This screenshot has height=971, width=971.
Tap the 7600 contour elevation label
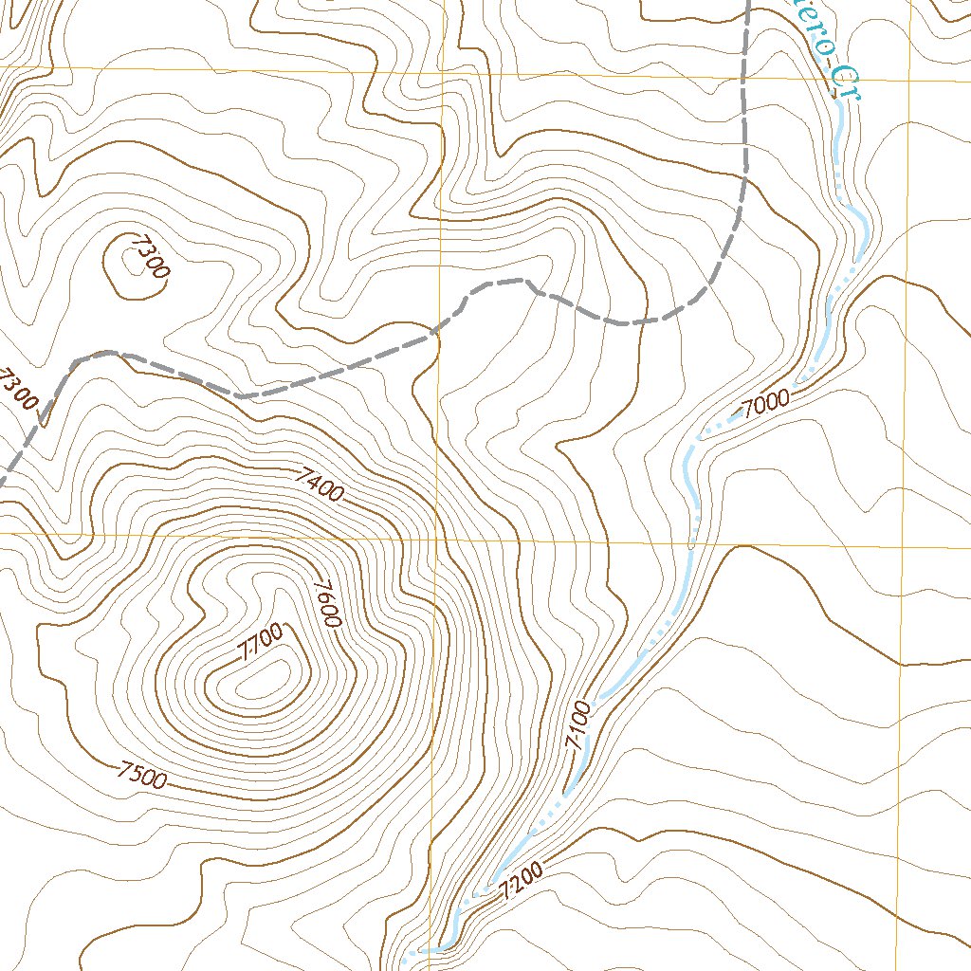click(x=327, y=603)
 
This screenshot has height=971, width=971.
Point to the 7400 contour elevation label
click(x=318, y=484)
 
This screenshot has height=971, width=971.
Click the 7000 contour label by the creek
click(x=766, y=405)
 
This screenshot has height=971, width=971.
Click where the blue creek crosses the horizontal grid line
click(x=690, y=544)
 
